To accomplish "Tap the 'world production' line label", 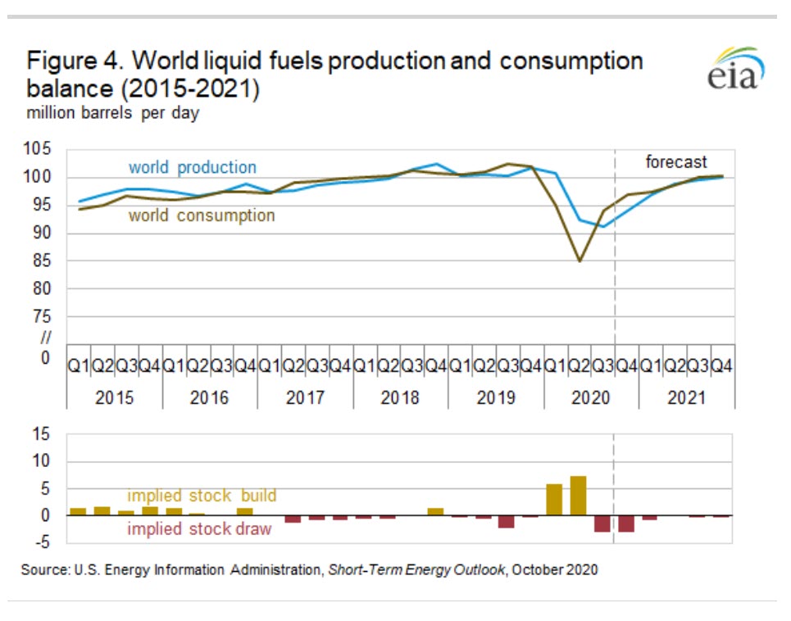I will coord(192,167).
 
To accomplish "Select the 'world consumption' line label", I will coord(201,215).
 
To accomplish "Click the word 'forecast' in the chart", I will coord(675,162).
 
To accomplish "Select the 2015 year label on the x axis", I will coord(115,397).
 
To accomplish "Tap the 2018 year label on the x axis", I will coord(400,397).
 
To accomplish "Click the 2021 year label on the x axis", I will coord(686,397).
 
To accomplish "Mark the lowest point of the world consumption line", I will coord(579,261).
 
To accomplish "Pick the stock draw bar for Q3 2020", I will coord(602,524).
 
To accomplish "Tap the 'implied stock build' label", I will coord(201,496).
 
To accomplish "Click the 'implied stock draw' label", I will coord(199,529).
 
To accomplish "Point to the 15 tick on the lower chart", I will coord(41,434).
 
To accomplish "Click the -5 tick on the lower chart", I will coord(41,542).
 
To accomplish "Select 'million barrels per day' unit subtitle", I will coord(113,114).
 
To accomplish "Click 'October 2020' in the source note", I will coord(554,569).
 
